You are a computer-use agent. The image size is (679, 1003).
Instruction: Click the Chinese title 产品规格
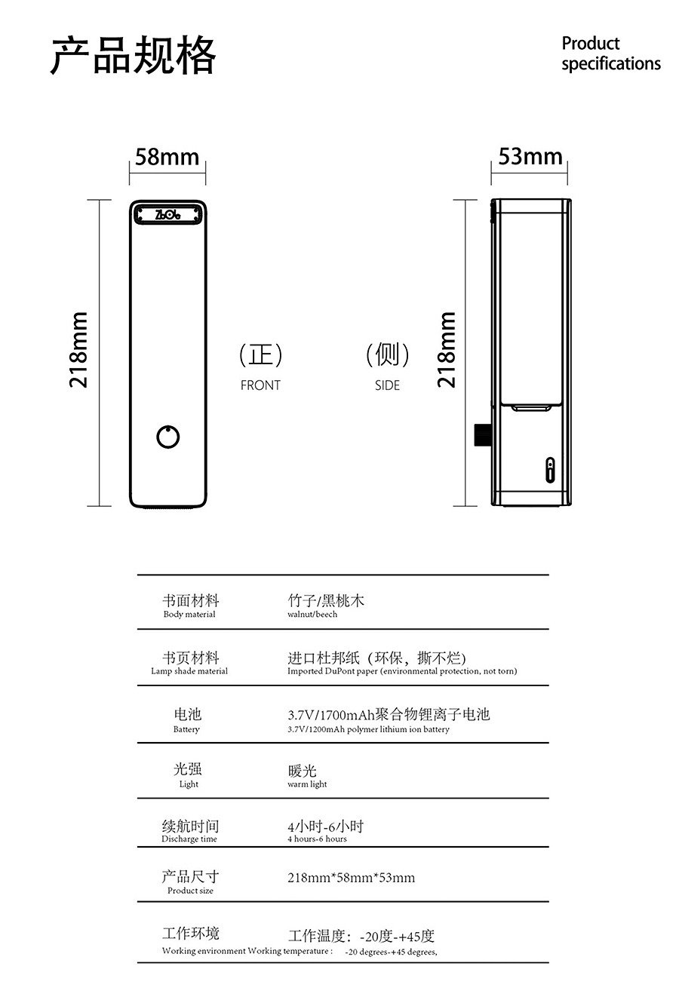(133, 55)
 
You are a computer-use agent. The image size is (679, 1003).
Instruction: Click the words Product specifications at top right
(611, 54)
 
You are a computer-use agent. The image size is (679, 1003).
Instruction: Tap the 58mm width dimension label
(167, 157)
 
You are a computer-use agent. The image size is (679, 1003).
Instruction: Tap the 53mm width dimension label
(530, 157)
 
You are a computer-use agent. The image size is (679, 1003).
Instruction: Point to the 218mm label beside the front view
(78, 350)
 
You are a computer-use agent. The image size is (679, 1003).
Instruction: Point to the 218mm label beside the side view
(447, 350)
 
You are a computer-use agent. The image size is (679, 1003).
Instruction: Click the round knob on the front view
(168, 437)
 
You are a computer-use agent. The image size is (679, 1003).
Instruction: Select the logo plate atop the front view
(168, 214)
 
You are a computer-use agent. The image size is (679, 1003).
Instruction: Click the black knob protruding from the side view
(482, 435)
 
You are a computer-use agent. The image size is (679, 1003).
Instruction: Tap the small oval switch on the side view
(550, 470)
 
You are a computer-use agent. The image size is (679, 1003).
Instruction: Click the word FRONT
(260, 385)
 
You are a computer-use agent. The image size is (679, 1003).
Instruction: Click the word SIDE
(388, 385)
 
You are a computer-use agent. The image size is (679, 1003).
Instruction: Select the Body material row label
(189, 614)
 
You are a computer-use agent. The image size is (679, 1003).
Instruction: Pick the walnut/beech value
(312, 614)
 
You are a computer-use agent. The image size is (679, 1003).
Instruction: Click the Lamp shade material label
(189, 670)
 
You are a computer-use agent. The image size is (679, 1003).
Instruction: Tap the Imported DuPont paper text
(402, 670)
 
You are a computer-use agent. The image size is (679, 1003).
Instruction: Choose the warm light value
(307, 784)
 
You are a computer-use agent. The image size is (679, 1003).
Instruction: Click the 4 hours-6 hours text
(317, 839)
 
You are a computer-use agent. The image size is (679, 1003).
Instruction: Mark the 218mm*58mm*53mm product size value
(351, 877)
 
